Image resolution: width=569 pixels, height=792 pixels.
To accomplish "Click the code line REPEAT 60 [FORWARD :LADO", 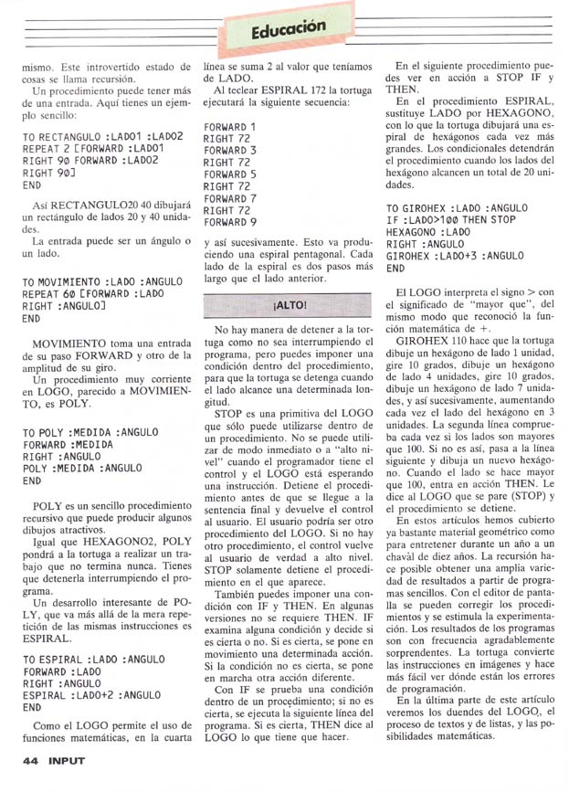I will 94,294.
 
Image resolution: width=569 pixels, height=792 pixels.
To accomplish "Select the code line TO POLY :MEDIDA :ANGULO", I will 90,431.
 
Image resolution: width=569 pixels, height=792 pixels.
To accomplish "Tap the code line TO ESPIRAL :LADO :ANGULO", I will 93,659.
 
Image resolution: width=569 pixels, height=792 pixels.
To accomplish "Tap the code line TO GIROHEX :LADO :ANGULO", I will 458,208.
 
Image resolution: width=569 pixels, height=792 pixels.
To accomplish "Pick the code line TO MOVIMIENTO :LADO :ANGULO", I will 101,282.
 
